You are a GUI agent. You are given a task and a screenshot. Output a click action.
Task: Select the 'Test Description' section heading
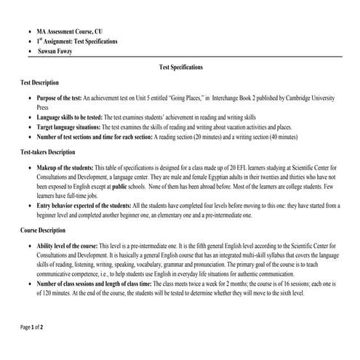pyautogui.click(x=41, y=83)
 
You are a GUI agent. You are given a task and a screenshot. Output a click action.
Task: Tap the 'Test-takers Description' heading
pyautogui.click(x=47, y=151)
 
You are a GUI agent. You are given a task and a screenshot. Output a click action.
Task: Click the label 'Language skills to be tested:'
pyautogui.click(x=71, y=116)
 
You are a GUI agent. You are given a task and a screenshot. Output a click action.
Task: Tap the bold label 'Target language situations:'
pyautogui.click(x=68, y=126)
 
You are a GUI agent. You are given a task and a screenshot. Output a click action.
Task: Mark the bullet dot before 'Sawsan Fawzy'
pyautogui.click(x=28, y=52)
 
